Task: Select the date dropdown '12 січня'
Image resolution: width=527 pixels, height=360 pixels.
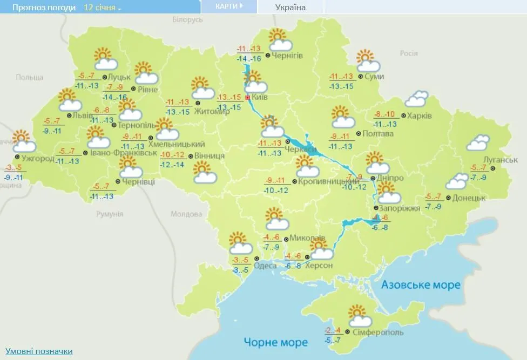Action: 103,8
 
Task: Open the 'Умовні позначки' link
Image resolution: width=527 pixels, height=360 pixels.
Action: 39,351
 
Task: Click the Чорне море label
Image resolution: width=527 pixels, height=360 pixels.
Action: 275,342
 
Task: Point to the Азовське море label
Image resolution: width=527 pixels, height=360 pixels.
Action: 421,284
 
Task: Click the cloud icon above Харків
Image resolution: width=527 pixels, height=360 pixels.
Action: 416,99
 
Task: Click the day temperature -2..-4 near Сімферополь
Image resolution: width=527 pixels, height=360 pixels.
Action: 332,330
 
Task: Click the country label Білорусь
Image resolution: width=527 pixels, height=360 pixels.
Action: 187,19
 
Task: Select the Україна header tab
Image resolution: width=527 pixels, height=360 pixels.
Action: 290,8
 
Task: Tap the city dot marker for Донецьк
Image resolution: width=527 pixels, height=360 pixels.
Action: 449,198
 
